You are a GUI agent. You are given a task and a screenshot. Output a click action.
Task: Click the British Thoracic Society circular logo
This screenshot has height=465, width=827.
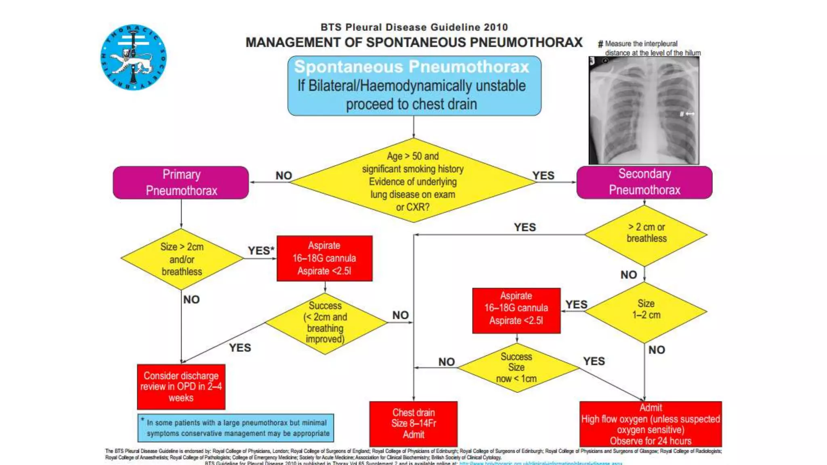[x=133, y=57]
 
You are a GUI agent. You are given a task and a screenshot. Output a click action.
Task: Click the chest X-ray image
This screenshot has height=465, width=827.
[x=644, y=110]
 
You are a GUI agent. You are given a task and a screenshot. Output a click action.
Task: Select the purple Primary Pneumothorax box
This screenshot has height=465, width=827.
[x=181, y=182]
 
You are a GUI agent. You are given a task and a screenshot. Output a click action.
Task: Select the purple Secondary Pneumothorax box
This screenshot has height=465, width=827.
[x=644, y=182]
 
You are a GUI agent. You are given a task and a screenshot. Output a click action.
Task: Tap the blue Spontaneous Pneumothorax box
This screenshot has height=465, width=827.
[x=414, y=86]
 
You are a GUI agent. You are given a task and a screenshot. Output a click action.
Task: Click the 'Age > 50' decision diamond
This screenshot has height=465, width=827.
[x=413, y=181]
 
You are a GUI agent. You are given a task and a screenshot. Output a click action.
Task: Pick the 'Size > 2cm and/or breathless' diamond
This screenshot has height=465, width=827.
[x=182, y=259]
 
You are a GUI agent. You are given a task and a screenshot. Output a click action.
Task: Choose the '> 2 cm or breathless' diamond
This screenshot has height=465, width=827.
[x=646, y=235]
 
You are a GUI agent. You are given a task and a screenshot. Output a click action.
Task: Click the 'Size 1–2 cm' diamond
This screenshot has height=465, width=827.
[x=646, y=311]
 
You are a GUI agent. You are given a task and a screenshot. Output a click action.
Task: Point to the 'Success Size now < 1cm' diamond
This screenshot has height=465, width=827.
[x=516, y=368]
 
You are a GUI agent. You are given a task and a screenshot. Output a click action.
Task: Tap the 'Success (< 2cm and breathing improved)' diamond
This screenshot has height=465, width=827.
[x=325, y=323]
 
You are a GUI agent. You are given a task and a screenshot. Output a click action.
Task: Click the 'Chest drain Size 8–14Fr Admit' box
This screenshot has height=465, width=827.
[x=413, y=423]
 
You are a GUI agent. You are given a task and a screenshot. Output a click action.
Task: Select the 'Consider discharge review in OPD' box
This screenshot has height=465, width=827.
[x=181, y=387]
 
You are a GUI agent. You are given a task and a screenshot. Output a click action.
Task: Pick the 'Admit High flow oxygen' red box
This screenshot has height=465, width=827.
[x=651, y=424]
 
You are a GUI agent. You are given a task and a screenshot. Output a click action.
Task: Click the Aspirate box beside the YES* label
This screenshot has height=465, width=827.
[x=324, y=258]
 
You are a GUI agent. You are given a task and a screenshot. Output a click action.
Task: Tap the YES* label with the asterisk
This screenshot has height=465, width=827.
[x=261, y=251]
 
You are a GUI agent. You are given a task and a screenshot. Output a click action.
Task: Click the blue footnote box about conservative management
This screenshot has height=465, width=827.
[x=236, y=428]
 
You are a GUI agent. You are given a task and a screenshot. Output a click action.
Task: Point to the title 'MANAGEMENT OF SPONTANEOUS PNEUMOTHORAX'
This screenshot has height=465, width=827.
[x=414, y=42]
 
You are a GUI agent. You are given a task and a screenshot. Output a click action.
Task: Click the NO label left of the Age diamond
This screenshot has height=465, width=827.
[x=283, y=176]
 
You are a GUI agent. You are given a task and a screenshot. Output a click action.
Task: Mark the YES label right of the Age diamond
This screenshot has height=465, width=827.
[x=543, y=176]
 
